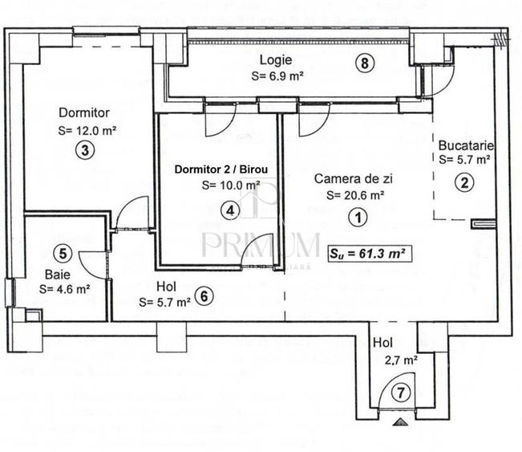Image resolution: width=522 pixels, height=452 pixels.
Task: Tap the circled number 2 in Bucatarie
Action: (463, 182)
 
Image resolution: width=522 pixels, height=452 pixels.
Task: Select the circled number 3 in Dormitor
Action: (83, 149)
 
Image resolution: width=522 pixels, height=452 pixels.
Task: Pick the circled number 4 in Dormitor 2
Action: (231, 210)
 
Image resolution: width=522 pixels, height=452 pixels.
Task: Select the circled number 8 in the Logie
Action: (365, 64)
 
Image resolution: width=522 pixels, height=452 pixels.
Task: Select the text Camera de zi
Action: (354, 178)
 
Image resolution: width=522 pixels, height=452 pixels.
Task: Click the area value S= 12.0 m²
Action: (88, 128)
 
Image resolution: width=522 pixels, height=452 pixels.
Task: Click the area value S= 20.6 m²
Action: (355, 194)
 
